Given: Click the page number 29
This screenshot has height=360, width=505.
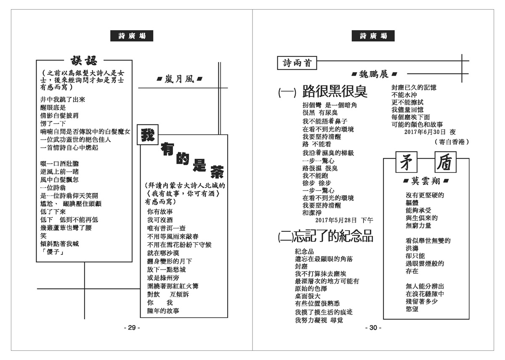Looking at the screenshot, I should click(131, 328).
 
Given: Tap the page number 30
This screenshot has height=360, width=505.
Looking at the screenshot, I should click(372, 328).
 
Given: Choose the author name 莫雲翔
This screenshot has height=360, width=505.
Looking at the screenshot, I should click(425, 181).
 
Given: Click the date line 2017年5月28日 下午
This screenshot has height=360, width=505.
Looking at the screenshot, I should click(344, 220).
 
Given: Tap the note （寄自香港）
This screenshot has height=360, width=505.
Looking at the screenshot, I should click(451, 142).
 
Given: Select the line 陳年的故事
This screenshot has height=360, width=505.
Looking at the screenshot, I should click(163, 310).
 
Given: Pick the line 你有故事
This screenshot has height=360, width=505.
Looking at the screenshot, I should click(160, 212).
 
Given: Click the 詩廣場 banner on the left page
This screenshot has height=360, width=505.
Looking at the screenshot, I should click(132, 36).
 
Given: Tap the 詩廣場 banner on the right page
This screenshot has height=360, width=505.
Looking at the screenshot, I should click(373, 36).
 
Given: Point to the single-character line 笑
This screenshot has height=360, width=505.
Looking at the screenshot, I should click(43, 236).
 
